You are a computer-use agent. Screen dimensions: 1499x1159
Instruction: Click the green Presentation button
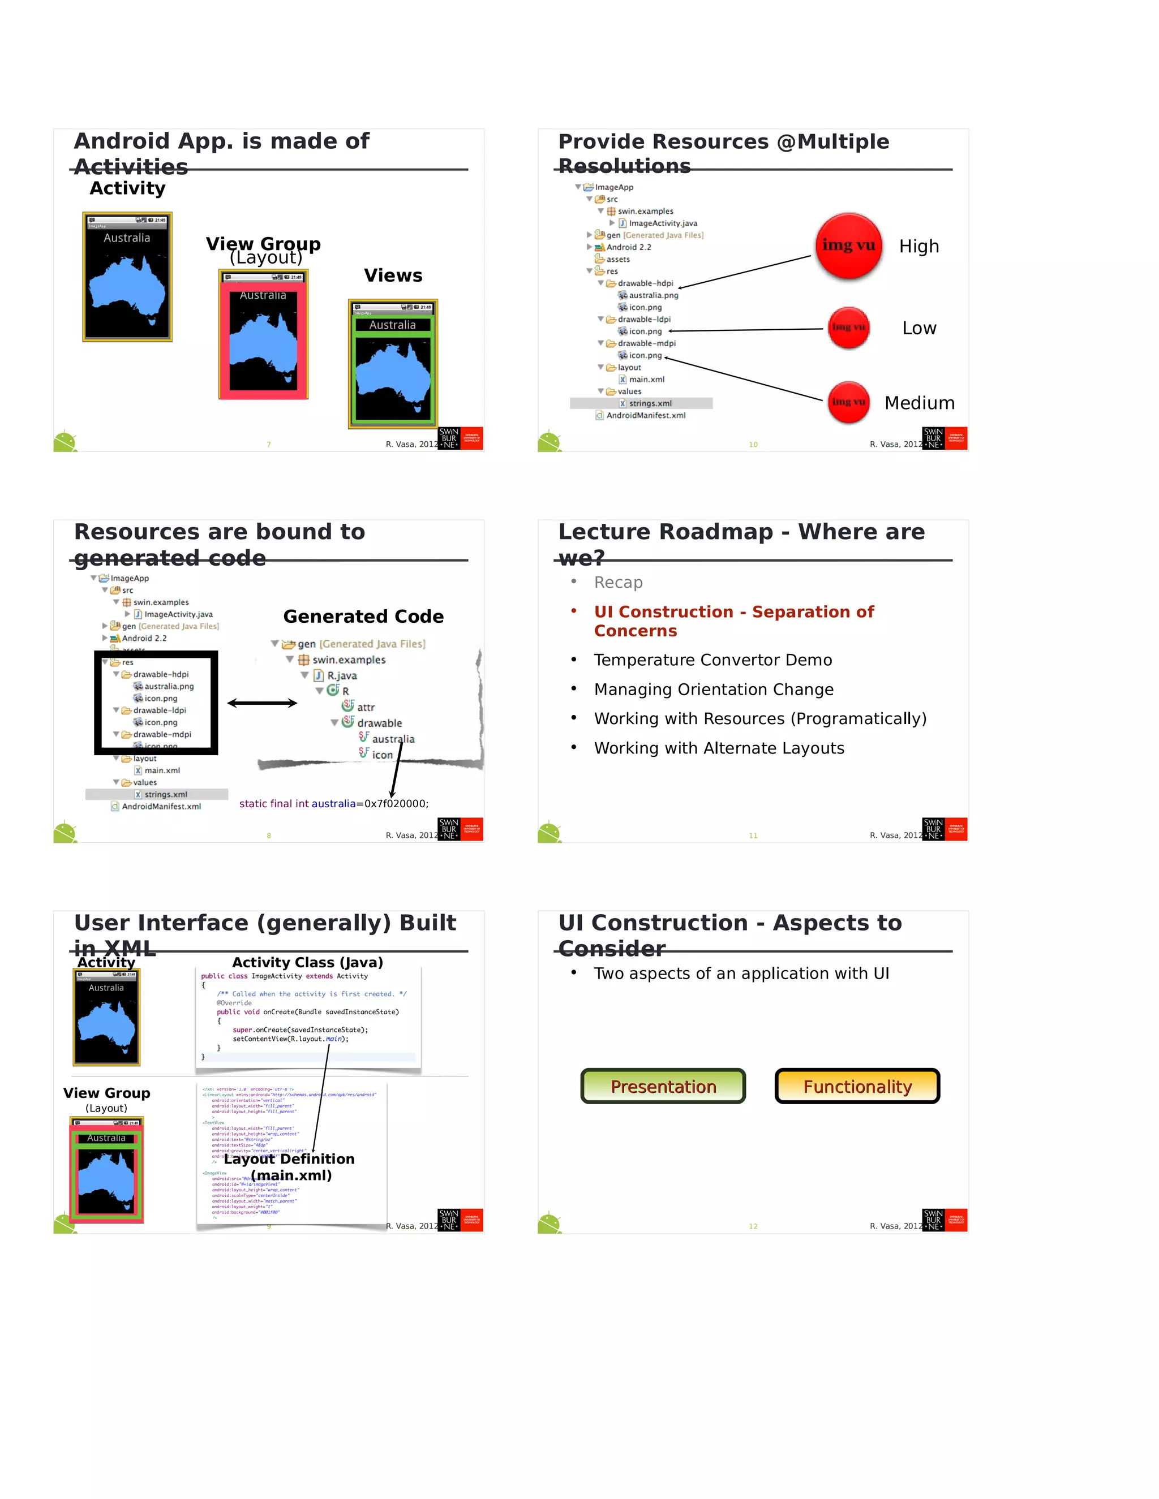coord(663,1086)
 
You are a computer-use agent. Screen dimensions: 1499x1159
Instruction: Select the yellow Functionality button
coord(857,1086)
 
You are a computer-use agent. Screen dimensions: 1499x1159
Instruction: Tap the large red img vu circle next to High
coord(849,245)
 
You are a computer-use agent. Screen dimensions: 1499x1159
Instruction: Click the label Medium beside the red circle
coord(920,403)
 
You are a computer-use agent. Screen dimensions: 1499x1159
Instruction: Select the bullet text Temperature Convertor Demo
coord(712,660)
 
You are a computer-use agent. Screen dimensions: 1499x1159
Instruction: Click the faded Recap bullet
coord(618,582)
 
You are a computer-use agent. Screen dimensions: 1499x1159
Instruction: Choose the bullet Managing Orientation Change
coord(714,689)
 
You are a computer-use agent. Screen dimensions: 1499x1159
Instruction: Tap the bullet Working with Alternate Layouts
coord(719,748)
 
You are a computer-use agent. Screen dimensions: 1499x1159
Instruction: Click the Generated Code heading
coord(363,617)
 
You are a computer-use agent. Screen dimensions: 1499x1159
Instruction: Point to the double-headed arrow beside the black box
coord(262,703)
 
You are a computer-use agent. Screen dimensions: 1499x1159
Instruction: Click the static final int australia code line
coord(334,804)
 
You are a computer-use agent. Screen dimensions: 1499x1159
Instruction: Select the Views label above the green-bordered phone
coord(393,276)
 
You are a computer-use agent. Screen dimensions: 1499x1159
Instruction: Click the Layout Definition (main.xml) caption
coord(290,1167)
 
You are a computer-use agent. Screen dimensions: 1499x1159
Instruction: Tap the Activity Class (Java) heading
coord(308,962)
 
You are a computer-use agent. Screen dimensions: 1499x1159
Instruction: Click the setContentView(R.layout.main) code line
coord(290,1039)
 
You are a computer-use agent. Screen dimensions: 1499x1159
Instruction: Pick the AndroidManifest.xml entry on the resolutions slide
coord(645,415)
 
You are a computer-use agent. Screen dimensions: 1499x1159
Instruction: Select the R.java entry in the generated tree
coord(341,675)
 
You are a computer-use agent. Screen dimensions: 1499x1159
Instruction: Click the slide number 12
coord(753,1226)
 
